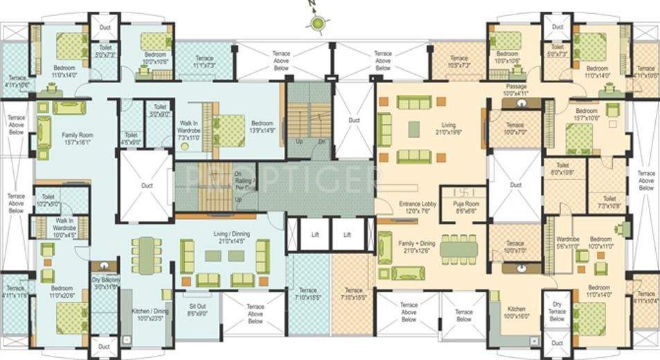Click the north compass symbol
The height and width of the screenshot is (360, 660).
click(317, 24)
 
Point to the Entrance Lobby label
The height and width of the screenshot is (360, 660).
click(418, 207)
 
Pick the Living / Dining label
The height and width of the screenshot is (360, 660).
click(226, 238)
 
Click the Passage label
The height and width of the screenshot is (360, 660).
click(515, 89)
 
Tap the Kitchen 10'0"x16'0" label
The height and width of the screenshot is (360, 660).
click(515, 312)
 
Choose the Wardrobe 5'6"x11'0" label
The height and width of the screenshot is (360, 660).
click(567, 242)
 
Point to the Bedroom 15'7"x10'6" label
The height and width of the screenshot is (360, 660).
click(586, 114)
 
